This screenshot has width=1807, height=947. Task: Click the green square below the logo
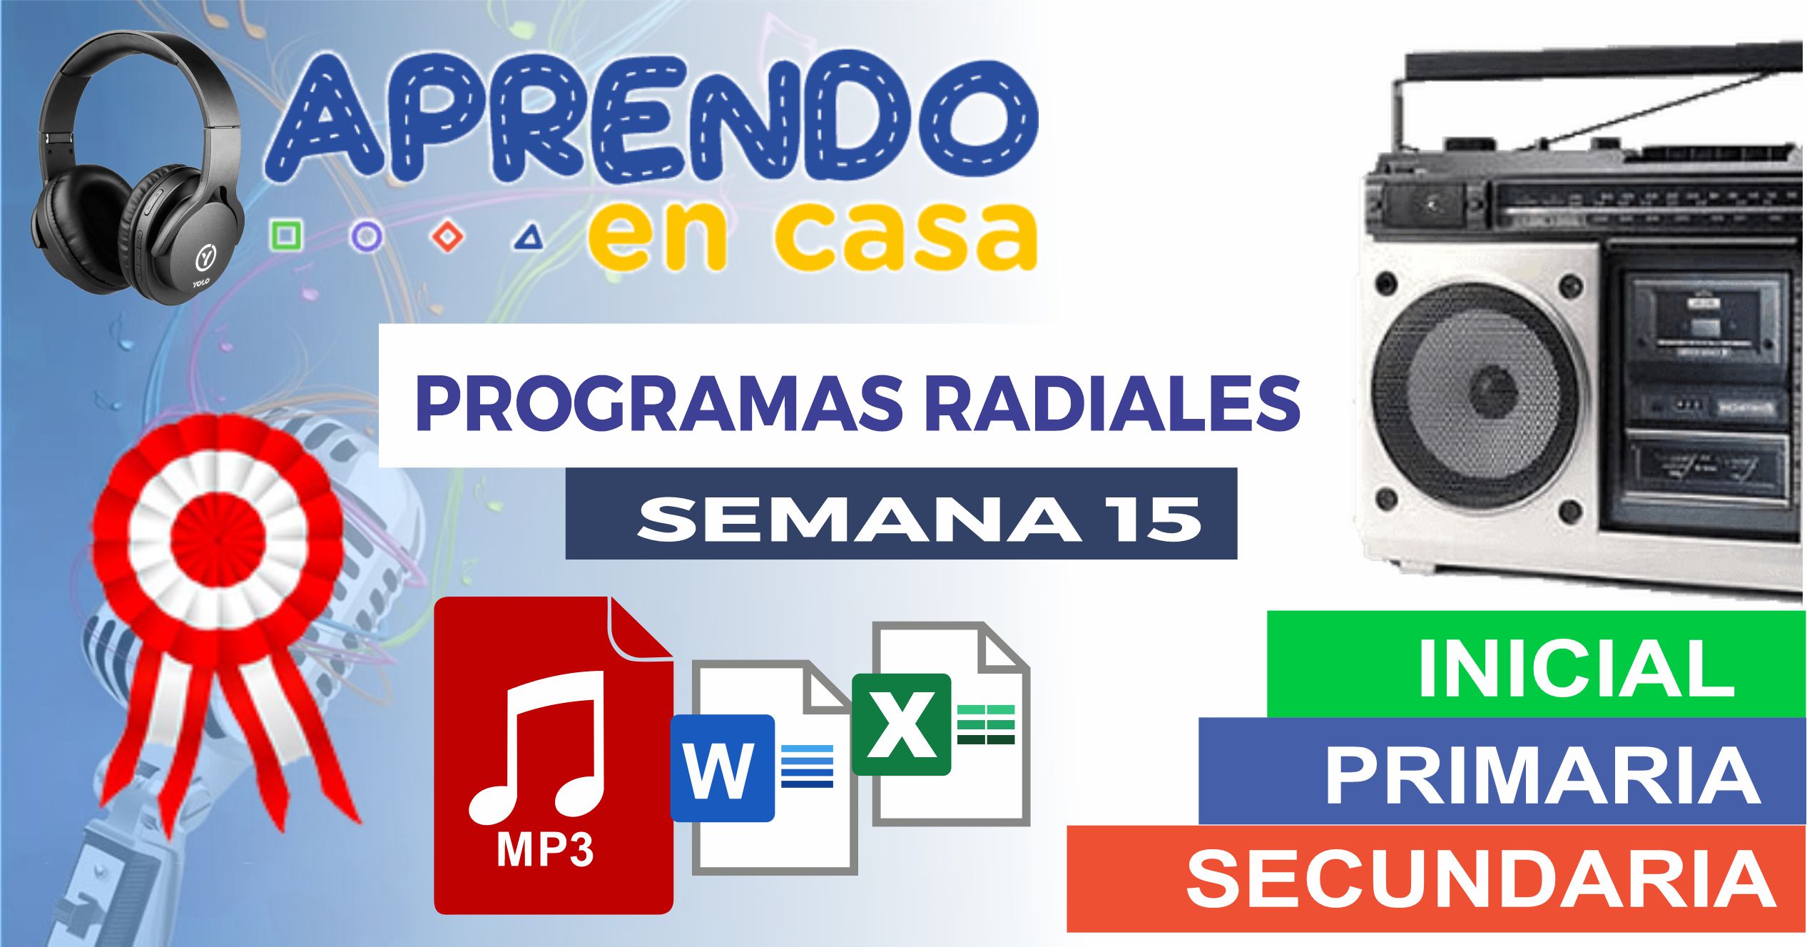click(x=285, y=235)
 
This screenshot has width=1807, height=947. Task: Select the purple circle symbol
click(x=366, y=236)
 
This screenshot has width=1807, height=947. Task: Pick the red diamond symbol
click(x=448, y=236)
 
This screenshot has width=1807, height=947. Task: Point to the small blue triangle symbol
click(x=529, y=238)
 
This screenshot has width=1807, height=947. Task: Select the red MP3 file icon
click(x=553, y=756)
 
